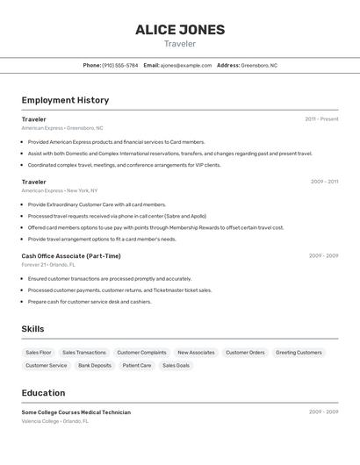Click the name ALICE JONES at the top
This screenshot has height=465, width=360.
pyautogui.click(x=180, y=30)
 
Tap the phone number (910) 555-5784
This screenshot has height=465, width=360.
pyautogui.click(x=120, y=65)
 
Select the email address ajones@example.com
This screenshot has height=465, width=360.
pyautogui.click(x=186, y=65)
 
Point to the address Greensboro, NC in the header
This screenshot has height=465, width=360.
pyautogui.click(x=259, y=65)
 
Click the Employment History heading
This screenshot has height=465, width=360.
pyautogui.click(x=65, y=100)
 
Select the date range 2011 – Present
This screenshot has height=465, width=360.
pyautogui.click(x=321, y=118)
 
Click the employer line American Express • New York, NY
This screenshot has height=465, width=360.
pyautogui.click(x=60, y=190)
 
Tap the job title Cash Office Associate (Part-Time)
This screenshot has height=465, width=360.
pyautogui.click(x=71, y=256)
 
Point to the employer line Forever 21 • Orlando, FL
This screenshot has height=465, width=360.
pyautogui.click(x=48, y=264)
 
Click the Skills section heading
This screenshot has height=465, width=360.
pyautogui.click(x=33, y=329)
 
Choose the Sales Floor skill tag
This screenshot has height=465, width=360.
pyautogui.click(x=39, y=353)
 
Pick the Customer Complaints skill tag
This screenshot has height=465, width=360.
pyautogui.click(x=141, y=353)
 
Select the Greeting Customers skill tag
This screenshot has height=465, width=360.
pyautogui.click(x=299, y=353)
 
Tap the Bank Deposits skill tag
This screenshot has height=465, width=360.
pyautogui.click(x=95, y=365)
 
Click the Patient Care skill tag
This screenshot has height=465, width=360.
pyautogui.click(x=137, y=365)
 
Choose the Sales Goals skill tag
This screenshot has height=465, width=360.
pyautogui.click(x=176, y=365)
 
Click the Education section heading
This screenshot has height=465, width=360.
pyautogui.click(x=43, y=393)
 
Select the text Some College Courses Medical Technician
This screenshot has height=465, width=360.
pyautogui.click(x=76, y=412)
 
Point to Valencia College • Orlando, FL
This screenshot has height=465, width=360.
pyautogui.click(x=55, y=421)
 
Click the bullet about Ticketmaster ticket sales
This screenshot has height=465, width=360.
pyautogui.click(x=119, y=290)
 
